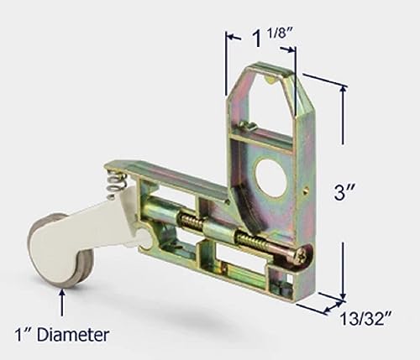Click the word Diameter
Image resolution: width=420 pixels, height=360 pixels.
point(77,335)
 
